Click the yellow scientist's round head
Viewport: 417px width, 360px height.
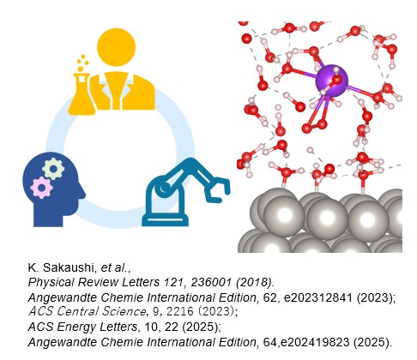click(116, 47)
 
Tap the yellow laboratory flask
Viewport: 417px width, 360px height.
click(82, 93)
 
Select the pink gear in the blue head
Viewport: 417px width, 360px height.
click(41, 188)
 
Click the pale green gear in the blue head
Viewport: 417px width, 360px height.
click(53, 169)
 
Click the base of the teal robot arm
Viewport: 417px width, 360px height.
click(166, 219)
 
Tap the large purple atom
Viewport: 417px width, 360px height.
click(332, 81)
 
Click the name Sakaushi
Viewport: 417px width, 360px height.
click(69, 267)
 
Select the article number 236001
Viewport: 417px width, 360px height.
click(211, 282)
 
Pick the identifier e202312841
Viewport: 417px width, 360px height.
click(318, 297)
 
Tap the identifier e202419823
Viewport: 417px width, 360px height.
click(315, 342)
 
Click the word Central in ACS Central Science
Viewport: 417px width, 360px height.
click(76, 311)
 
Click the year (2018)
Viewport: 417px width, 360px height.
click(254, 282)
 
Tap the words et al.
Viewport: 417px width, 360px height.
click(113, 267)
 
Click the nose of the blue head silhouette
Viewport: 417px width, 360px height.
click(82, 194)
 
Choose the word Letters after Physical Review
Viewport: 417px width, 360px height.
click(141, 282)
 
